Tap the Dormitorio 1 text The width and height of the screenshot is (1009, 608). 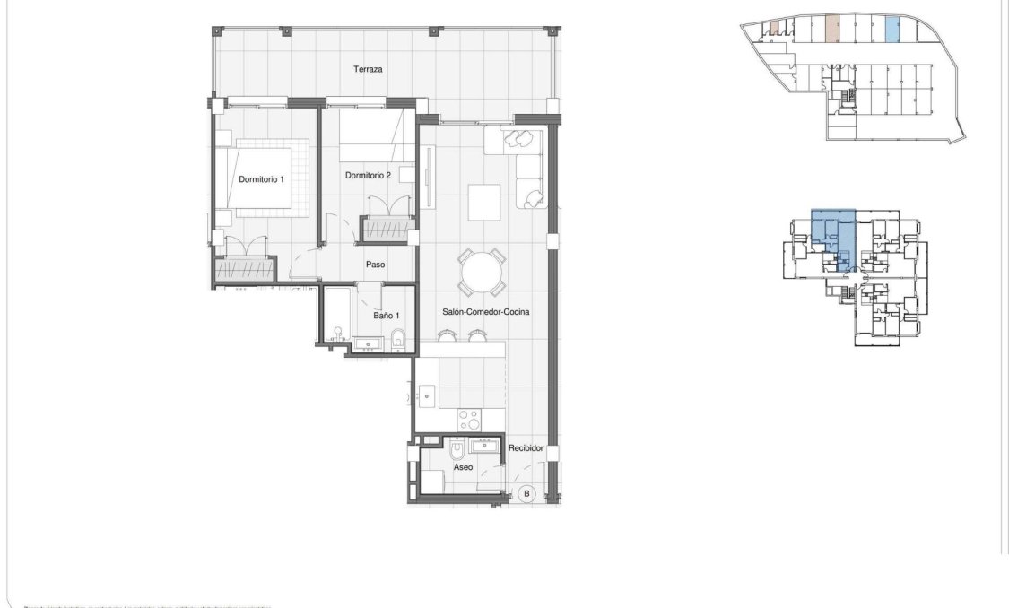(x=261, y=179)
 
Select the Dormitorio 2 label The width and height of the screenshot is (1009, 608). (x=368, y=176)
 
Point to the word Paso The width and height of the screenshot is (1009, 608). (x=375, y=265)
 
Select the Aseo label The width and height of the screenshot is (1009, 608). (x=463, y=467)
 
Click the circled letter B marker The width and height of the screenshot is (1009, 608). (x=527, y=493)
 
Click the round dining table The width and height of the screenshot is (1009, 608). (x=481, y=272)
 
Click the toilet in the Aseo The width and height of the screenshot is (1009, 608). (x=456, y=448)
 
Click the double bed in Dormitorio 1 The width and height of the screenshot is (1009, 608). (x=266, y=176)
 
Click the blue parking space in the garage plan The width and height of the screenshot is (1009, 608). (x=892, y=30)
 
